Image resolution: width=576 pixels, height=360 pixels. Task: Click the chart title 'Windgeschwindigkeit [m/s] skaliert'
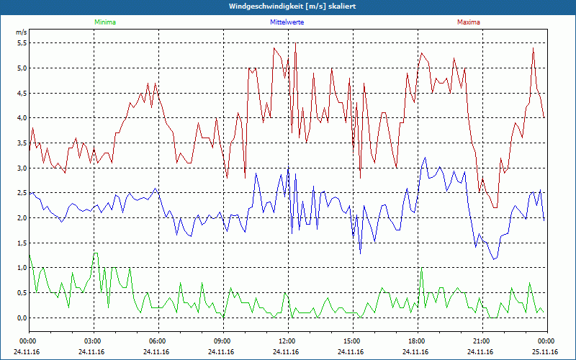pos(288,6)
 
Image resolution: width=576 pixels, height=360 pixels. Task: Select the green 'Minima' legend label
pos(104,22)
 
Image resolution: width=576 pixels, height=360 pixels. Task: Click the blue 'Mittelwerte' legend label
pos(287,22)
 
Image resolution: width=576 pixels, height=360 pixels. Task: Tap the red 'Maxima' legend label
pos(468,22)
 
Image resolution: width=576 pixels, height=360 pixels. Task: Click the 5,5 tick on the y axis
pos(21,43)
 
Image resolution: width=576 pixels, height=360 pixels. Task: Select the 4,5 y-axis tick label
pos(21,93)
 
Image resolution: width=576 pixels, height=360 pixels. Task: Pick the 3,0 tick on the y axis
pos(21,168)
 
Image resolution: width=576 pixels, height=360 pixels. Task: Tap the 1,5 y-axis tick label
pos(21,243)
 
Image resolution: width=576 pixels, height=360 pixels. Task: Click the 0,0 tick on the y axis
pos(21,318)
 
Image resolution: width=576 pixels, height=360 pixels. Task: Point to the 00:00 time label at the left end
pos(28,341)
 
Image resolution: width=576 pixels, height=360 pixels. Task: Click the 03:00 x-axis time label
pos(93,341)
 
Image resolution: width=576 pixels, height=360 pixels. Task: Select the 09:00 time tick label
pos(222,341)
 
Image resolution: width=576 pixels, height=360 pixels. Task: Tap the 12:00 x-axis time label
pos(287,341)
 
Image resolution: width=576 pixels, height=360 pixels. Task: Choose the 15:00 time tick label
pos(352,341)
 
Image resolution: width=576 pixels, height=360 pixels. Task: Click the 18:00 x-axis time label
pos(417,341)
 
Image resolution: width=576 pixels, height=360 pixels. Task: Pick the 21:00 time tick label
pos(482,341)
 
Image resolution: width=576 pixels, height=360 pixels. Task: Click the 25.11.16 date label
pos(546,352)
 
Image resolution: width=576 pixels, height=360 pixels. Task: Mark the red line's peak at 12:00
pos(295,43)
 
